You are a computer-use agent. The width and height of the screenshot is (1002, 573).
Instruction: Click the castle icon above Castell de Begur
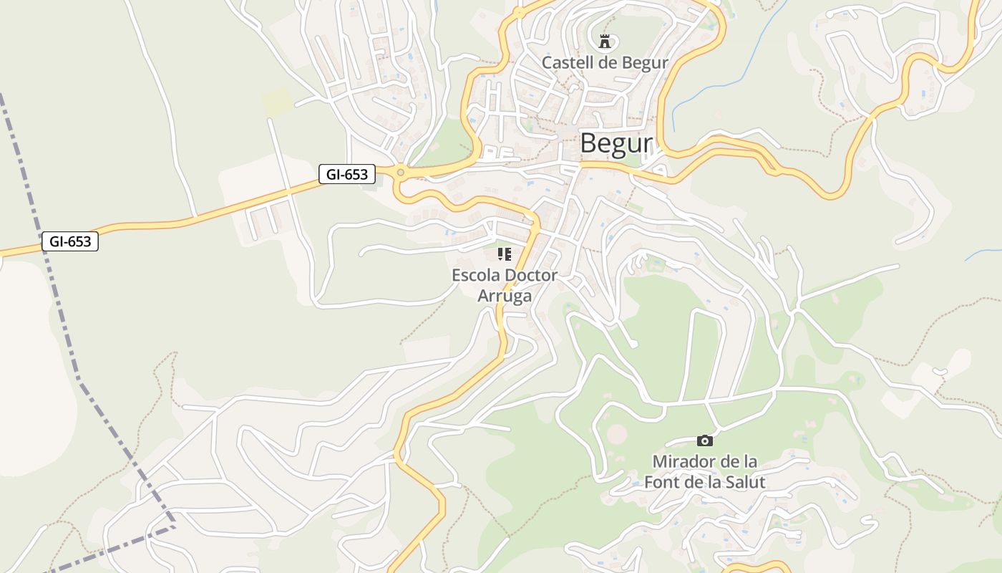click(605, 41)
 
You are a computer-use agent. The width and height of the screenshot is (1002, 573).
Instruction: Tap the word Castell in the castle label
click(565, 63)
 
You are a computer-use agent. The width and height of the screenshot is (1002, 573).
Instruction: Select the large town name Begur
click(616, 143)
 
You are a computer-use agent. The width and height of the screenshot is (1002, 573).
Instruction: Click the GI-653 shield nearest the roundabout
click(347, 174)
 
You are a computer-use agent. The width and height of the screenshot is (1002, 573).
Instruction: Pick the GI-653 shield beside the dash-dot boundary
click(69, 242)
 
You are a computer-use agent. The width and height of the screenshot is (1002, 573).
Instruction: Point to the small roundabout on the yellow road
click(400, 172)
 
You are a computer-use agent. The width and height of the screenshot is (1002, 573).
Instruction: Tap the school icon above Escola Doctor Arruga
click(505, 254)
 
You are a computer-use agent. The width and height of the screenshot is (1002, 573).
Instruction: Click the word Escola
click(475, 275)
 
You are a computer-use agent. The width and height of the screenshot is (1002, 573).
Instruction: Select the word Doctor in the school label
click(531, 275)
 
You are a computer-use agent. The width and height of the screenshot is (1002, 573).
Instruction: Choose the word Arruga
click(505, 296)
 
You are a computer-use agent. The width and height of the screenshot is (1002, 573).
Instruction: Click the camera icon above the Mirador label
click(705, 440)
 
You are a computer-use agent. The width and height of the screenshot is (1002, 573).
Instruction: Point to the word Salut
click(744, 482)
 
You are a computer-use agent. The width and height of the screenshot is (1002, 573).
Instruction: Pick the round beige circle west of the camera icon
click(617, 433)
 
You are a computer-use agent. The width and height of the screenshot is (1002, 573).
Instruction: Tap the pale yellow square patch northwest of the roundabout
click(277, 102)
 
